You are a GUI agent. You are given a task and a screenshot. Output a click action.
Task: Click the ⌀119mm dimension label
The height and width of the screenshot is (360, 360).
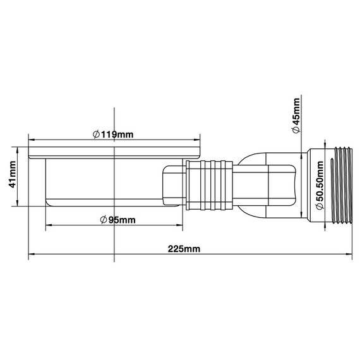click(113, 134)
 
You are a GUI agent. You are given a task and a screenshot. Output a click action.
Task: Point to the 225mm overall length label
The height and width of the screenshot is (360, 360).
click(184, 249)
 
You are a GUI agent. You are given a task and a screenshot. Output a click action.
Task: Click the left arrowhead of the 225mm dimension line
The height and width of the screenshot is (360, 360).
click(32, 256)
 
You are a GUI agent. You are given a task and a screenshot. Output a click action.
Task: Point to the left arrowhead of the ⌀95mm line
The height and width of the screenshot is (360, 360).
click(47, 225)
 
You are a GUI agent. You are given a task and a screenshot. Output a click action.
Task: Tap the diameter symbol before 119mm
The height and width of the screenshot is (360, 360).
click(95, 134)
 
